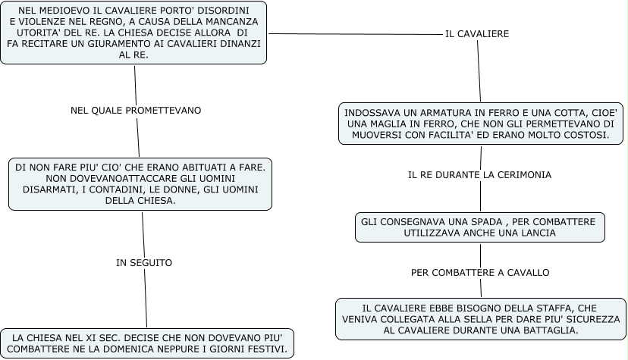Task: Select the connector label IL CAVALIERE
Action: (477, 34)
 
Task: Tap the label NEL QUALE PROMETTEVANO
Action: (136, 110)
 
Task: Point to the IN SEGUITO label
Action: (144, 263)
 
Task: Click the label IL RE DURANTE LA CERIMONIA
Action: (479, 174)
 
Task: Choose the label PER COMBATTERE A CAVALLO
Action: (480, 272)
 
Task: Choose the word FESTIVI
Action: (266, 349)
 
